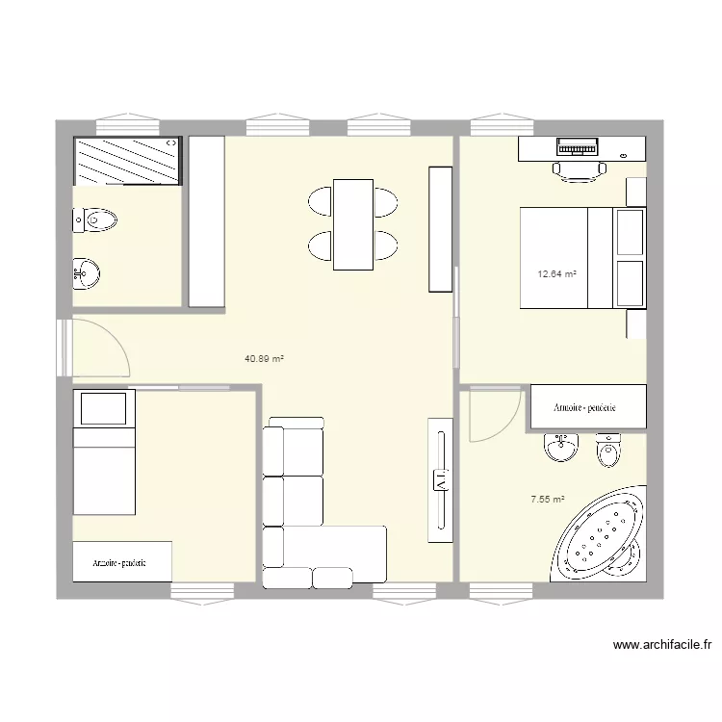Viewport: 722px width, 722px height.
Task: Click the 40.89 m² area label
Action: point(264,359)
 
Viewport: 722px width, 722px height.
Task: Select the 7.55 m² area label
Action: point(548,500)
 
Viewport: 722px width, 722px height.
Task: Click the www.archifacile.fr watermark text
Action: point(661,646)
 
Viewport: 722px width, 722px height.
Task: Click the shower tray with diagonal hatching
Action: point(127,161)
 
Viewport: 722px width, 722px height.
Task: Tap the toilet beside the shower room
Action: point(95,221)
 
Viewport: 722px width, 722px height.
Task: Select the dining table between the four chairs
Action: point(353,224)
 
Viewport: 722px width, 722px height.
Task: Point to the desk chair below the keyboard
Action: point(579,170)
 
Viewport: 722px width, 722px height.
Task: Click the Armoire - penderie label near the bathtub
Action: point(584,408)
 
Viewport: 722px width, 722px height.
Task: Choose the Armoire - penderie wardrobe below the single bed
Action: point(121,562)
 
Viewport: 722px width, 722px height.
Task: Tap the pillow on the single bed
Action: point(104,408)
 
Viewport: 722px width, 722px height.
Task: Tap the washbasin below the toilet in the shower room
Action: point(86,273)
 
